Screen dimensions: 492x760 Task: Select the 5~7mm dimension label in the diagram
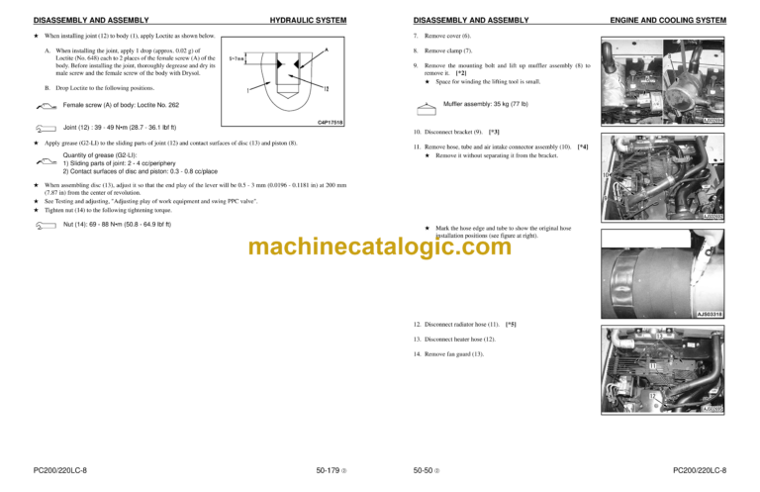pyautogui.click(x=237, y=58)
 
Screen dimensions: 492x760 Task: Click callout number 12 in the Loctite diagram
pyautogui.click(x=328, y=89)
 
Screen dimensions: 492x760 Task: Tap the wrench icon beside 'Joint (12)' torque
pyautogui.click(x=43, y=129)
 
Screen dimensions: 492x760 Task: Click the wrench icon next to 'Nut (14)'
pyautogui.click(x=43, y=225)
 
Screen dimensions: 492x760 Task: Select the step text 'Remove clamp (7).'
pyautogui.click(x=448, y=50)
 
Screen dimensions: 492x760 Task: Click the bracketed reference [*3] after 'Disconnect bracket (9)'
pyautogui.click(x=494, y=132)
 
